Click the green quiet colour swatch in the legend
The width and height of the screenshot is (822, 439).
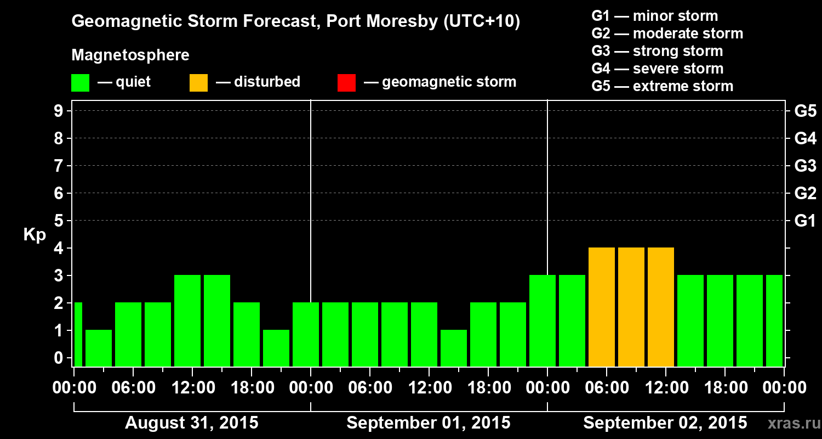click(x=80, y=83)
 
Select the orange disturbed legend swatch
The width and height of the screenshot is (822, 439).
click(x=198, y=83)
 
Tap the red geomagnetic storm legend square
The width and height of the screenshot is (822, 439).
click(x=346, y=83)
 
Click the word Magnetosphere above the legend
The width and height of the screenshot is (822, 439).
click(x=130, y=55)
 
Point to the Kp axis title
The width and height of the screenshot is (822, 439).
click(x=35, y=234)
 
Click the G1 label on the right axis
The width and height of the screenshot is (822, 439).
click(x=805, y=221)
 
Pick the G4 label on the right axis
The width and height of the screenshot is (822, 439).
click(x=805, y=139)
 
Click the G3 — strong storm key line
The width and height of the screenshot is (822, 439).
click(x=657, y=51)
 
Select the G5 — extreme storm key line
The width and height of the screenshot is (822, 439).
click(x=662, y=86)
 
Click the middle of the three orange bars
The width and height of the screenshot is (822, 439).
click(x=631, y=307)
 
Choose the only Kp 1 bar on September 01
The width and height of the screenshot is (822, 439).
click(x=454, y=348)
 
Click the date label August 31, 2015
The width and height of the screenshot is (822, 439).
click(x=192, y=423)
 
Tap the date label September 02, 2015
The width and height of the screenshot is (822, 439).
click(x=665, y=423)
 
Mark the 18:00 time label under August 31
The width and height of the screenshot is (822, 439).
click(x=253, y=388)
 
